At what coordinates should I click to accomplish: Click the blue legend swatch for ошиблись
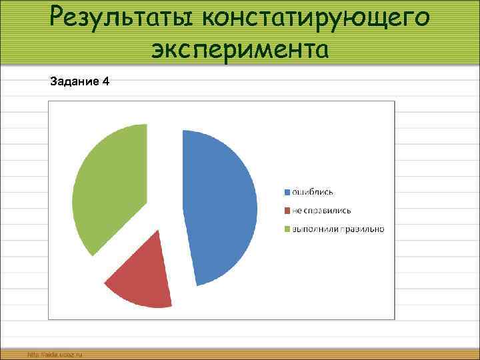287,193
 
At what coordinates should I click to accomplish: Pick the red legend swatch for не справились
287,211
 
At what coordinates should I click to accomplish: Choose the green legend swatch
287,230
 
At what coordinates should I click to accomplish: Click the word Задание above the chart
73,82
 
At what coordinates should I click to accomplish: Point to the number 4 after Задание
107,82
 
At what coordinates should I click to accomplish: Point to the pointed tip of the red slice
159,231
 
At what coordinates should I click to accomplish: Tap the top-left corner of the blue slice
183,131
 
